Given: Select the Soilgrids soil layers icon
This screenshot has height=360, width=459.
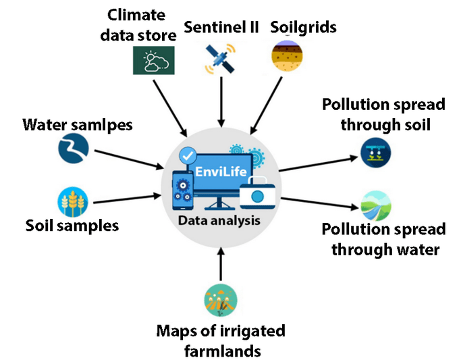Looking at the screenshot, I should [x=286, y=57].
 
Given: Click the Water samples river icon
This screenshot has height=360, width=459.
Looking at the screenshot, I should [x=72, y=150].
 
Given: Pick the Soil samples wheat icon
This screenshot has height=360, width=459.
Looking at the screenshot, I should [x=72, y=202].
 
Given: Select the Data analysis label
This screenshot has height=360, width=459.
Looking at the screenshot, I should [x=218, y=220].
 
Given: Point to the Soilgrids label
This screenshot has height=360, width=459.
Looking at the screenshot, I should [x=304, y=28].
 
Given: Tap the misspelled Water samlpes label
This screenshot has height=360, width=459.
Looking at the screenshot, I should [x=77, y=125].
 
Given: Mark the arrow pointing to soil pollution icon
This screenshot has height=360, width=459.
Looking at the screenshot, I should [x=317, y=163].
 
